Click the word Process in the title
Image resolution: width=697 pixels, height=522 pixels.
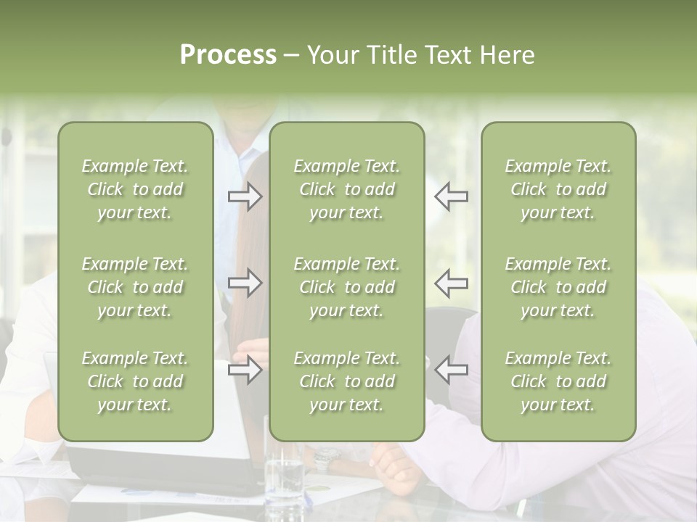228,55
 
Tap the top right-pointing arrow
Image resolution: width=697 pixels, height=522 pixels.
245,196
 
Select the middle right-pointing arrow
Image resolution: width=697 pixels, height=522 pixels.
245,283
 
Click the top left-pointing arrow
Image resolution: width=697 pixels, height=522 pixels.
451,196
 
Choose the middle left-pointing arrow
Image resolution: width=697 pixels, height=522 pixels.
451,283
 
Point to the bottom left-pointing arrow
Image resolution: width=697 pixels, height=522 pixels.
451,370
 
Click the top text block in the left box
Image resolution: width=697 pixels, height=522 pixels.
135,189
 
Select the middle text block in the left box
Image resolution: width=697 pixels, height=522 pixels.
135,287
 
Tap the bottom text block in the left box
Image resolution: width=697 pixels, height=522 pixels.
135,381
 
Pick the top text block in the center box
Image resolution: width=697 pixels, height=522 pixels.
347,189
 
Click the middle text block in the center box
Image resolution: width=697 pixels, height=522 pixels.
347,287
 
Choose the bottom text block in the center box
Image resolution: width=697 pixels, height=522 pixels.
347,381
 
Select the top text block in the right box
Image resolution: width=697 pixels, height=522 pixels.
558,189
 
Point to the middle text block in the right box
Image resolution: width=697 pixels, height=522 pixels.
558,287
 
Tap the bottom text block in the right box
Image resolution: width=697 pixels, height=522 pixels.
558,381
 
